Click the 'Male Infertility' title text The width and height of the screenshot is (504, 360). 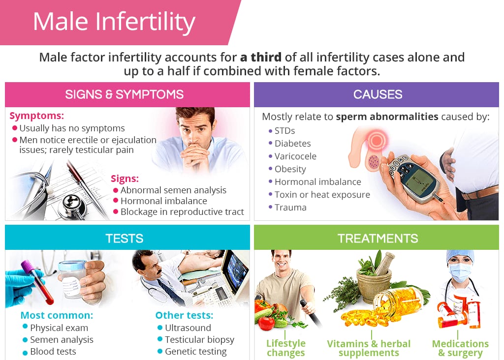click(x=114, y=22)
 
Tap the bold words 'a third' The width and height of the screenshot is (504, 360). click(x=261, y=57)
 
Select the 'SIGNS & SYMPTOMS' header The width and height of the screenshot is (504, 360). click(x=125, y=94)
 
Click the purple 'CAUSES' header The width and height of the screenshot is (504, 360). click(x=378, y=94)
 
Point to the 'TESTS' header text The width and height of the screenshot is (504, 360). click(x=125, y=239)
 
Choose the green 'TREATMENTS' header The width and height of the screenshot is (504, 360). click(x=378, y=239)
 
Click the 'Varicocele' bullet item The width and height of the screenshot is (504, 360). click(x=295, y=156)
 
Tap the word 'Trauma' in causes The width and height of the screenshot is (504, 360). click(x=290, y=208)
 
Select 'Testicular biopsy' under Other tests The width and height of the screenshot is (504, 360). click(x=200, y=340)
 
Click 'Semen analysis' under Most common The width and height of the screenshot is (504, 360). click(x=62, y=340)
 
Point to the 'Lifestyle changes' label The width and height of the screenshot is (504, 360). click(x=286, y=348)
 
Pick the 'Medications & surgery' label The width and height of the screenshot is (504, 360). click(x=460, y=348)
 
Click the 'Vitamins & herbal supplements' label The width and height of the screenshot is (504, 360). click(x=369, y=348)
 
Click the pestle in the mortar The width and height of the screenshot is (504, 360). click(x=384, y=264)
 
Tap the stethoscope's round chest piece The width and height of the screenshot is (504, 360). click(x=72, y=205)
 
